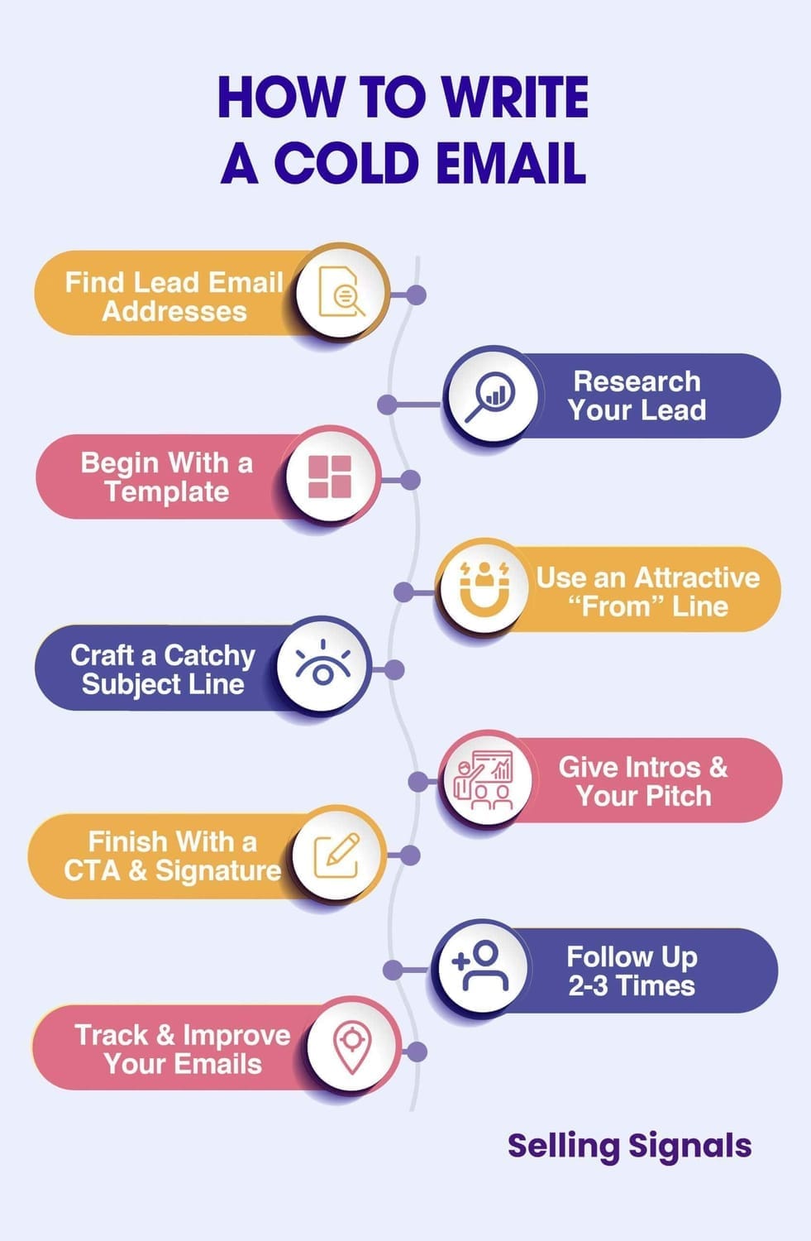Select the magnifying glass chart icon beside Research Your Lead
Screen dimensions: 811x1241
click(490, 395)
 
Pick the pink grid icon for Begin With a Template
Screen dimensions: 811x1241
click(329, 477)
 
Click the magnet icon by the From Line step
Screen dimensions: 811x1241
click(484, 588)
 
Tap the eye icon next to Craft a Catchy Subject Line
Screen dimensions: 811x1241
click(322, 663)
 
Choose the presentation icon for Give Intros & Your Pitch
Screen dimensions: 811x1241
click(484, 779)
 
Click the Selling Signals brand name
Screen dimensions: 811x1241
click(629, 1146)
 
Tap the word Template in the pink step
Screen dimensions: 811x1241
click(167, 491)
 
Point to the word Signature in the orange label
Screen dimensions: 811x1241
click(218, 871)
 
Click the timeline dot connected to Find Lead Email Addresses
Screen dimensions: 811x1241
click(416, 295)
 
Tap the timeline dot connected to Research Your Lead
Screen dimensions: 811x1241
click(388, 405)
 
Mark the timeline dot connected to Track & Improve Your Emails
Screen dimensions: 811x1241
click(417, 1052)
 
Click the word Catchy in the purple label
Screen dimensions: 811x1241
click(209, 656)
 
